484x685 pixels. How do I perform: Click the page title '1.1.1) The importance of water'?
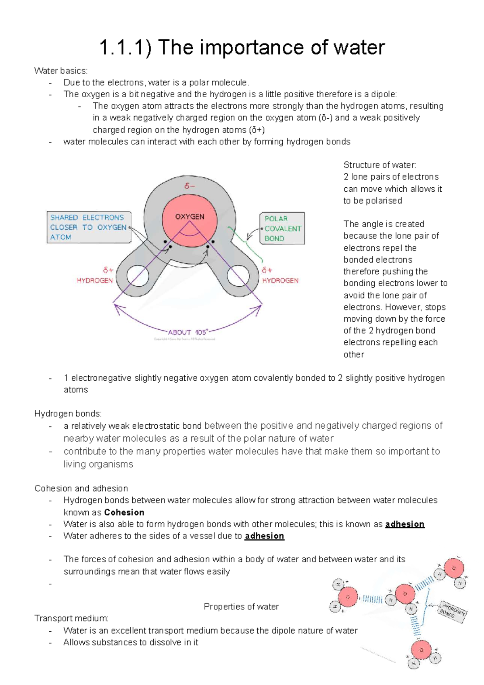click(x=242, y=48)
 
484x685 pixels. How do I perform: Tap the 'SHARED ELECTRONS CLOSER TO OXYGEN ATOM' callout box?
click(x=89, y=227)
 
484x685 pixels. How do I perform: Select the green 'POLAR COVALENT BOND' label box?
click(x=282, y=228)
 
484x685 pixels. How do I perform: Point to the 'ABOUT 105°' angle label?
click(x=188, y=332)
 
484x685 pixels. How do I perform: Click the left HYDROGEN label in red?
click(x=95, y=281)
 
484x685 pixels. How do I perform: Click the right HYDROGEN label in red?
click(x=280, y=281)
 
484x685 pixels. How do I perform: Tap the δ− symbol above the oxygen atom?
click(x=189, y=186)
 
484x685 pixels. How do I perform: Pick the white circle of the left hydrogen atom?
click(x=138, y=277)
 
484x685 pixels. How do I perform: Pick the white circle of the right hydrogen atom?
click(x=238, y=277)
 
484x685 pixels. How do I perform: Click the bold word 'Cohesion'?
click(x=124, y=512)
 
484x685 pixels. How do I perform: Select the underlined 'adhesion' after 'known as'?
click(x=405, y=524)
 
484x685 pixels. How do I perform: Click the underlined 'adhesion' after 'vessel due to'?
click(x=265, y=536)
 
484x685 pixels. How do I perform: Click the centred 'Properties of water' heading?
click(x=241, y=607)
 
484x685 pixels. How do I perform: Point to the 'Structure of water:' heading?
click(x=380, y=165)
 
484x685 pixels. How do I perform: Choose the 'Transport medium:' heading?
click(x=71, y=618)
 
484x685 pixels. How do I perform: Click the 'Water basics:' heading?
click(x=61, y=71)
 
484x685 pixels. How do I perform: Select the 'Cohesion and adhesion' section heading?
click(x=81, y=488)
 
